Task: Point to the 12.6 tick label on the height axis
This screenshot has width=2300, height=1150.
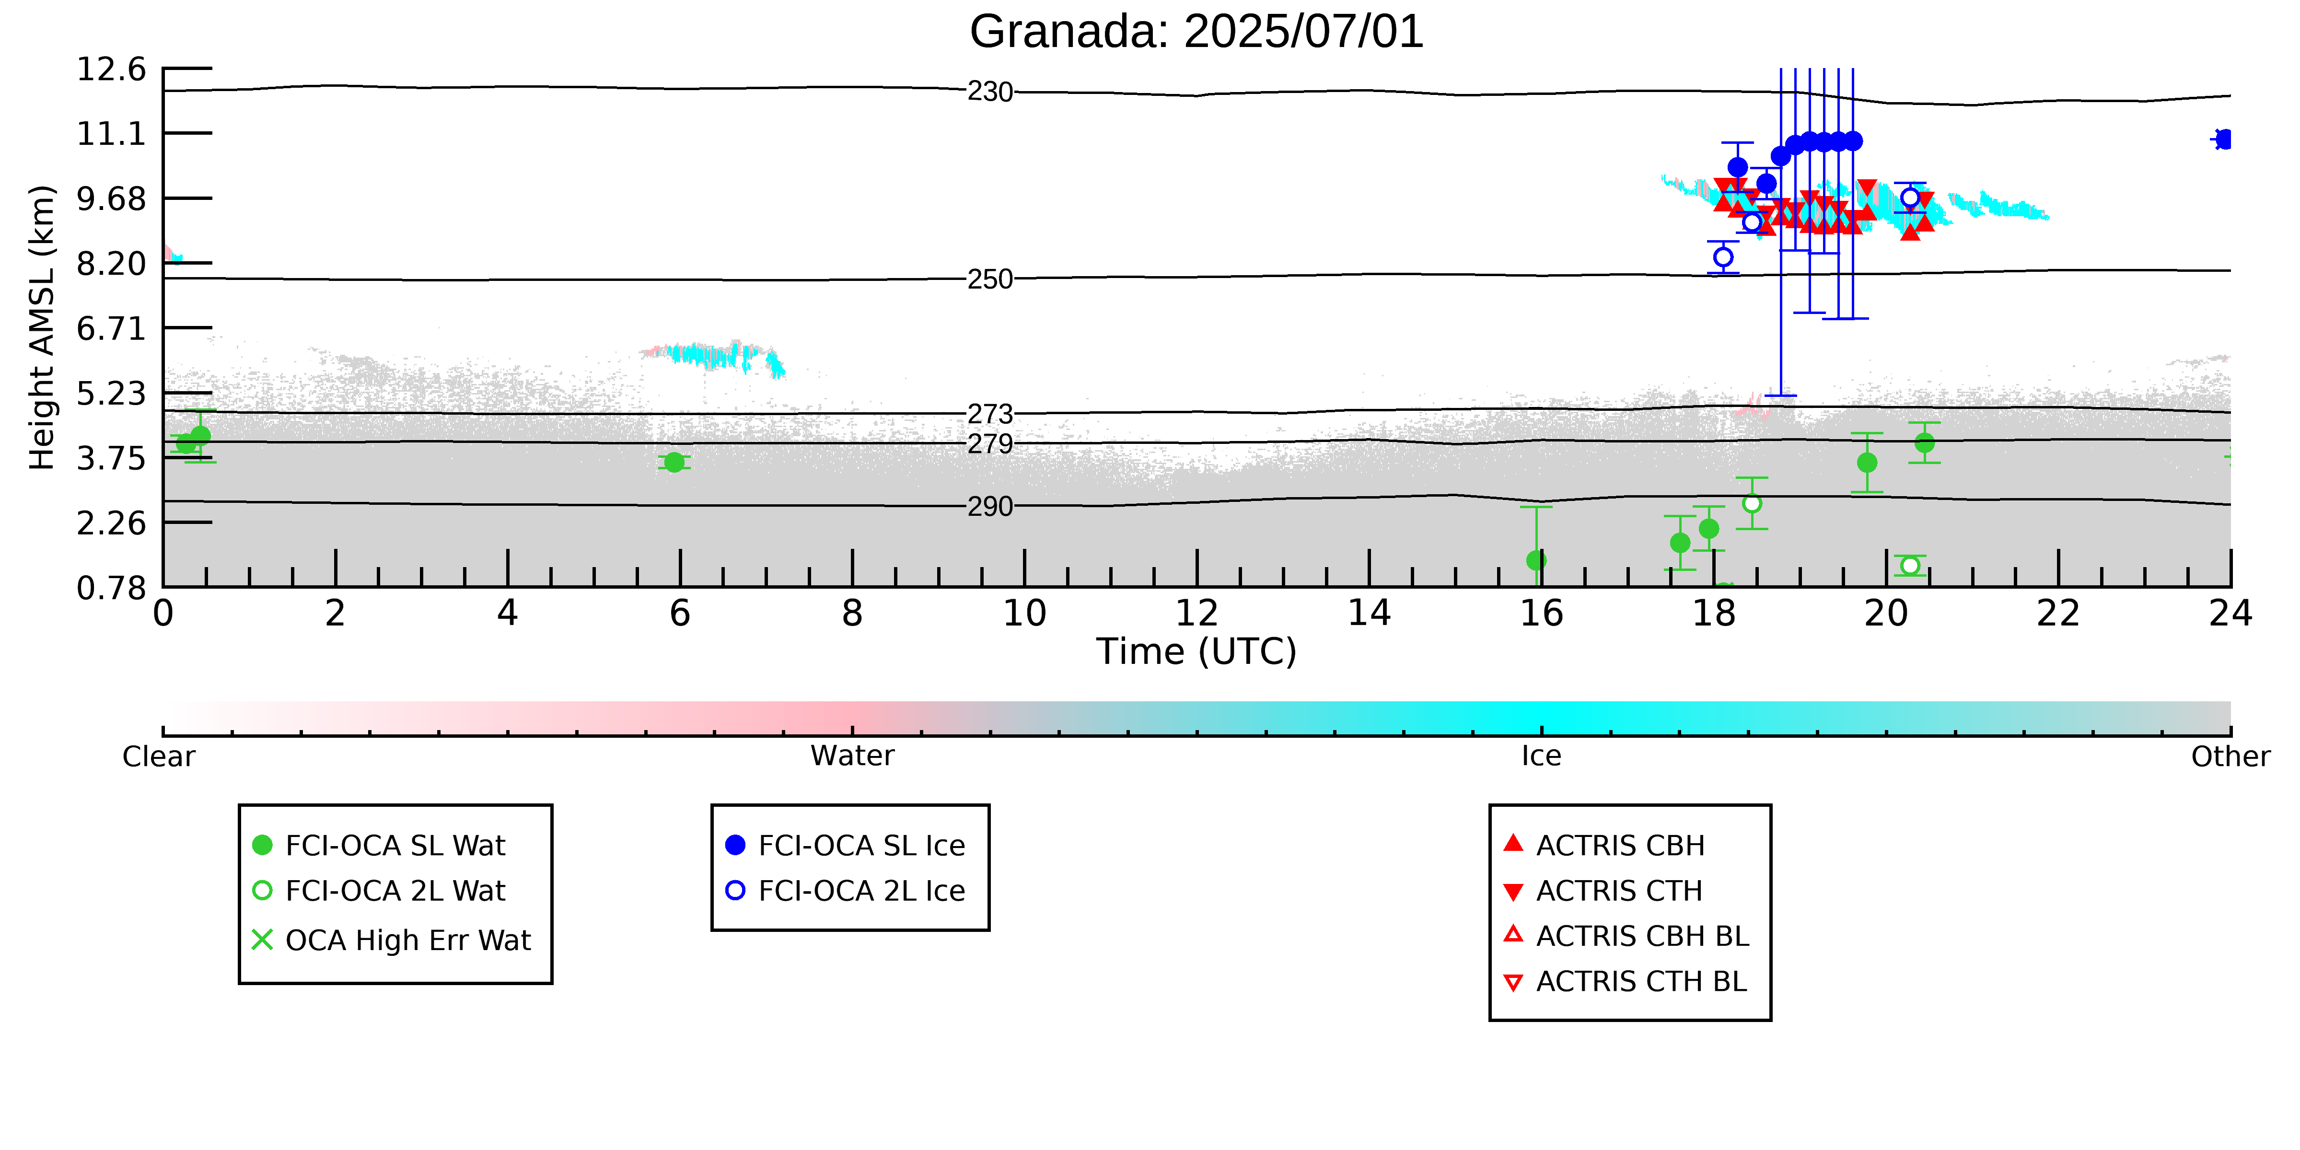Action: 111,69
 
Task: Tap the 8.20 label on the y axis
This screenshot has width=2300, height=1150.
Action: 111,263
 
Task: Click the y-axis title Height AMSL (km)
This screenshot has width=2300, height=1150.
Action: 42,328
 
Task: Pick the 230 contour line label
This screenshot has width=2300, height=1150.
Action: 990,92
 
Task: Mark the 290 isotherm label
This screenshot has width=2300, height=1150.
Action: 990,506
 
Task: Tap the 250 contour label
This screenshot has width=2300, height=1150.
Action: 990,279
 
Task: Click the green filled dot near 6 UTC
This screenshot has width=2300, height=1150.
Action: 674,462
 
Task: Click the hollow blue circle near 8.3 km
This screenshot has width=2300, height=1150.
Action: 1723,257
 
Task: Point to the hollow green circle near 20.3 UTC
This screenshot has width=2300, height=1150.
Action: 1910,565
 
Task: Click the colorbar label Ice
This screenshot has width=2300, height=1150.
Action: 1541,756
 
